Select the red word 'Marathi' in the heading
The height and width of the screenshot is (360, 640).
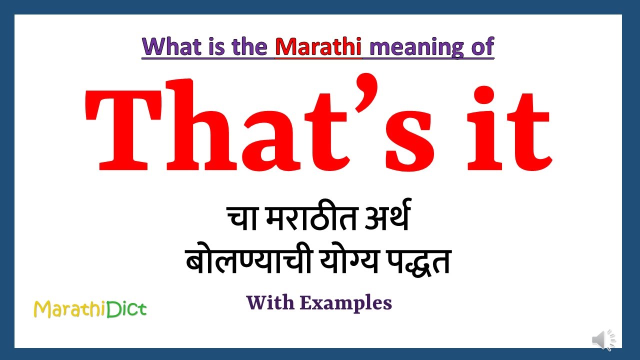click(x=318, y=46)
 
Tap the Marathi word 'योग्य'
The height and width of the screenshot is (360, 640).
click(x=343, y=261)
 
